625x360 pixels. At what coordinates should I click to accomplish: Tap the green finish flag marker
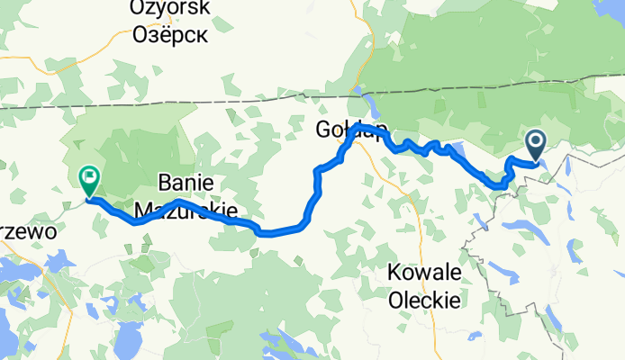(90, 180)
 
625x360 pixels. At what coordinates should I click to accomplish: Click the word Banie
(184, 181)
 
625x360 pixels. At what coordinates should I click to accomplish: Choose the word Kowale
(423, 272)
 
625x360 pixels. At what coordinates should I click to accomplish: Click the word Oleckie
(423, 300)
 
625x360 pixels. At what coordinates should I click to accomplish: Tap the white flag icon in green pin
(90, 175)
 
